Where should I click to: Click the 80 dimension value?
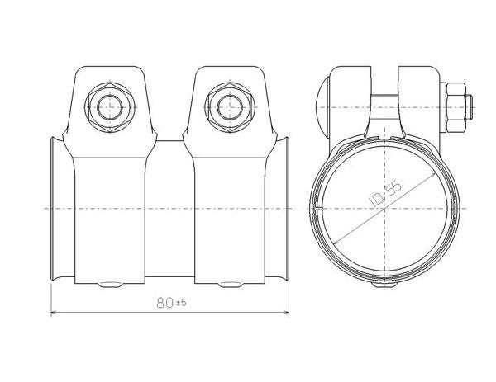pyautogui.click(x=165, y=303)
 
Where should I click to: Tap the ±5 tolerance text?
pyautogui.click(x=181, y=303)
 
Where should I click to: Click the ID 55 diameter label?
pyautogui.click(x=385, y=194)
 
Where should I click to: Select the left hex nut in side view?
pyautogui.click(x=110, y=107)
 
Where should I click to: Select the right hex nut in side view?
pyautogui.click(x=230, y=107)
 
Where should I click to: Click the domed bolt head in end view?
pyautogui.click(x=322, y=107)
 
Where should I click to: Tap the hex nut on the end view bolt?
pyautogui.click(x=455, y=107)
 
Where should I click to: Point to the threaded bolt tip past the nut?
pyautogui.click(x=469, y=107)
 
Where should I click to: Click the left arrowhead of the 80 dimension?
pyautogui.click(x=54, y=313)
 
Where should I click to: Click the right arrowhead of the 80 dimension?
pyautogui.click(x=286, y=313)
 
